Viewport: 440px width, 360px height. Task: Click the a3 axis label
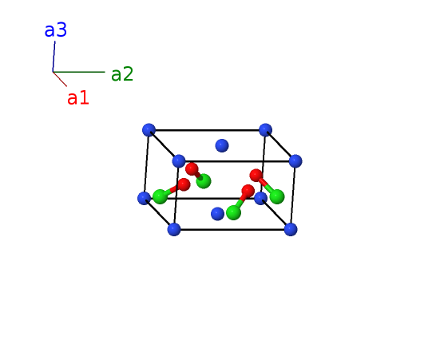pos(56,30)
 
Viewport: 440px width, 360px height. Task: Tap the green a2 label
pos(122,74)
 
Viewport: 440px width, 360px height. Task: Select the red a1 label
pos(78,98)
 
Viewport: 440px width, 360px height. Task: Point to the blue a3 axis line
pos(54,57)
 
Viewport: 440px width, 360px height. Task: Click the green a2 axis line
pos(79,72)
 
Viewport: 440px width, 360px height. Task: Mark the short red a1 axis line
pos(60,79)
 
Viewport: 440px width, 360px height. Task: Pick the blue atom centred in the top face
pos(222,145)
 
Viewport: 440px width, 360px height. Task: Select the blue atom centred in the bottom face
pos(217,214)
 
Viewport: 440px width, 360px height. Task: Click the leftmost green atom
pos(160,196)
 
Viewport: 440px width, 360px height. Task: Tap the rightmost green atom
pos(277,196)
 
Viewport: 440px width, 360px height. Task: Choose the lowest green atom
pos(233,212)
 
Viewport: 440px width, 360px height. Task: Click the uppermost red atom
pos(192,168)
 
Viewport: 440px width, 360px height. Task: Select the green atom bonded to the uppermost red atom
pos(204,181)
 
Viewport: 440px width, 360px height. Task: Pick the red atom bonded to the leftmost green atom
pos(184,184)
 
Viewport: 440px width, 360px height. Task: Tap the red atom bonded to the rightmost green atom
pos(256,175)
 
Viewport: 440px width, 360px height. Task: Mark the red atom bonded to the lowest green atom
pos(248,191)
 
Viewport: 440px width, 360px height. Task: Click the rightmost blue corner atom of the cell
pos(295,161)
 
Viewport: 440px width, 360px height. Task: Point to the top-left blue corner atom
pos(149,130)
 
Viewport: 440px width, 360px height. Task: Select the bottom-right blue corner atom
pos(291,229)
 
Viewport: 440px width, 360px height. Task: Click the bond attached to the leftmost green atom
pos(172,191)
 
